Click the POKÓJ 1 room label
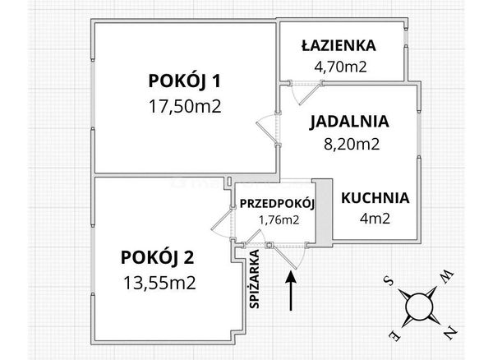185,81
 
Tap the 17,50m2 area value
185,106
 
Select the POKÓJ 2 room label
158,257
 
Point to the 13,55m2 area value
159,283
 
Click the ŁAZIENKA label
339,45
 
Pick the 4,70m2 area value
340,67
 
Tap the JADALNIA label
349,122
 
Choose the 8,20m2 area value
352,145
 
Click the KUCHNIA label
376,198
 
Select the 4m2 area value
375,219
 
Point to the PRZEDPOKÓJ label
277,204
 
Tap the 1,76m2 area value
279,220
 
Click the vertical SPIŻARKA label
254,279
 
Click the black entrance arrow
292,291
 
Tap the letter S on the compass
389,279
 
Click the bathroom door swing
306,93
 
